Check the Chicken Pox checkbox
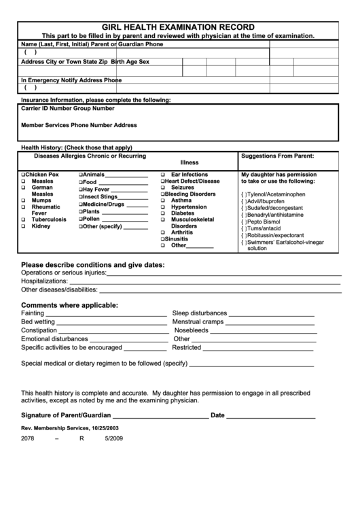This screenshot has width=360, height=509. click(x=23, y=175)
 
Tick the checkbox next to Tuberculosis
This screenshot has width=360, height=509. click(x=23, y=220)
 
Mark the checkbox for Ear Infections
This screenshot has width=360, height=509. click(x=163, y=175)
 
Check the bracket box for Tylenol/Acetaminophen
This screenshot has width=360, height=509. click(x=244, y=194)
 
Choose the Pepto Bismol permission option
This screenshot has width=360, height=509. click(x=244, y=222)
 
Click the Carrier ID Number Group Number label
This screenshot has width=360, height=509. click(x=68, y=108)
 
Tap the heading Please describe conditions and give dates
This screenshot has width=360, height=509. click(x=92, y=264)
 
